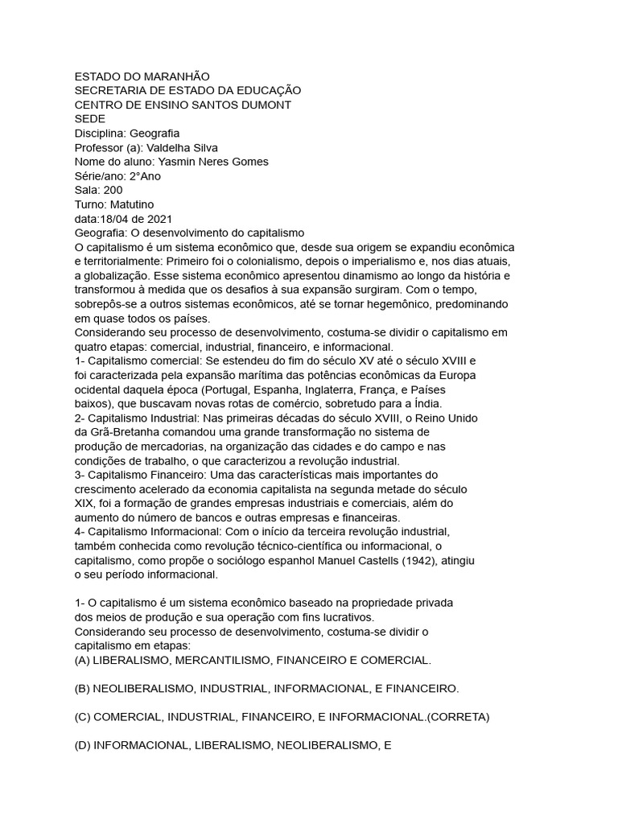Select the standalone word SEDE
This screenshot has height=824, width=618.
click(x=89, y=119)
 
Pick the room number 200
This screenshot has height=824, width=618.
click(x=113, y=191)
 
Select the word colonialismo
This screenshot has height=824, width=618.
click(x=274, y=262)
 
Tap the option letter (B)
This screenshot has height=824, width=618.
click(x=81, y=689)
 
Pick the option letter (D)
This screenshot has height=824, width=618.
click(x=81, y=745)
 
